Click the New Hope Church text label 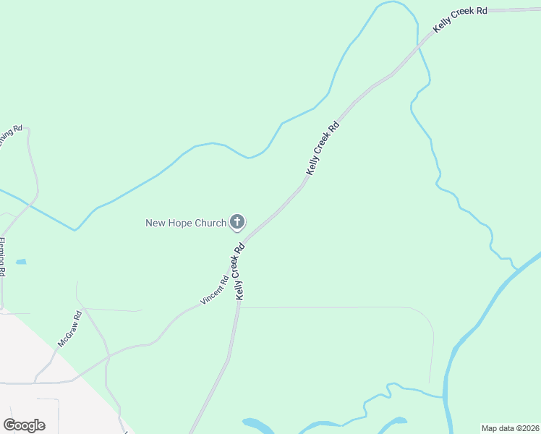pos(186,223)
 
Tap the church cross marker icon pos(237,222)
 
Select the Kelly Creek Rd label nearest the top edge pos(460,20)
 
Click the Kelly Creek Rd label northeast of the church pos(323,148)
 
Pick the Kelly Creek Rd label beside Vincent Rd pos(239,271)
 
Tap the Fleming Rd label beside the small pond pos(2,257)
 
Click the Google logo pos(24,425)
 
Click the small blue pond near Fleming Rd pos(21,261)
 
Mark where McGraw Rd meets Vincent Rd pos(109,355)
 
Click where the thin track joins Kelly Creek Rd pos(239,307)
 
